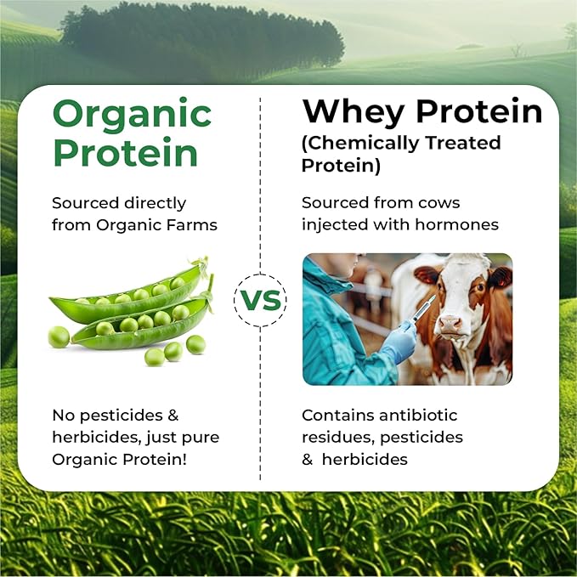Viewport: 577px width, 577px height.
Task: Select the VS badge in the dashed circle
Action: [x=260, y=300]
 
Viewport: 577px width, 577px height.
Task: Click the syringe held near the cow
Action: [x=424, y=308]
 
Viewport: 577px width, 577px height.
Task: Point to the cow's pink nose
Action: [x=450, y=324]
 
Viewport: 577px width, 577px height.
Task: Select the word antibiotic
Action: [x=418, y=416]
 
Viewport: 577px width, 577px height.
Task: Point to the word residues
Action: [x=338, y=438]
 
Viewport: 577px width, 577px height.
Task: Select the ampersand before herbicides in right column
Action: [x=308, y=460]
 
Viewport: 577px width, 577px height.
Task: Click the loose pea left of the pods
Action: [x=59, y=337]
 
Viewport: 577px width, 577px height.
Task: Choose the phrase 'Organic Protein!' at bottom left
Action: [x=120, y=460]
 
